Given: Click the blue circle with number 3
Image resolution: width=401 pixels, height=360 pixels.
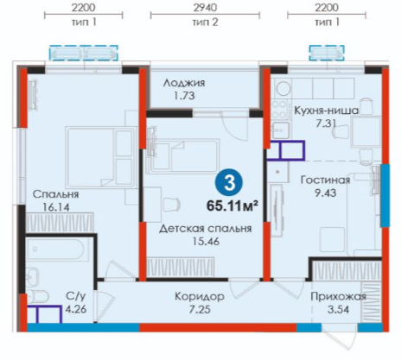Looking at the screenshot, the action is (x=229, y=182).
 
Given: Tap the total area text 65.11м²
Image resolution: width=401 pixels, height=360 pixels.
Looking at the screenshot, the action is (x=232, y=206).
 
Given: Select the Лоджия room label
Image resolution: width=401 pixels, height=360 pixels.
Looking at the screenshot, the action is (x=184, y=83).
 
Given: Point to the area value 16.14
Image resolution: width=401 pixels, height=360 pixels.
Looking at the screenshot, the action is (x=56, y=207).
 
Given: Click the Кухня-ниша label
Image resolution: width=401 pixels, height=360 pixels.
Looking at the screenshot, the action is (x=326, y=111).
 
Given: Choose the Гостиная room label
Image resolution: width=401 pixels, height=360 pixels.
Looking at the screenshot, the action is (x=325, y=180).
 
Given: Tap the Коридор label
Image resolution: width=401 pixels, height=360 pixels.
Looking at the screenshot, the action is (x=200, y=296).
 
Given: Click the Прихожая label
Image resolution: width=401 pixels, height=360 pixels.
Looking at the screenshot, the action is (x=338, y=296).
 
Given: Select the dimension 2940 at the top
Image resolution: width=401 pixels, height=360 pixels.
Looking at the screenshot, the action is (x=205, y=8).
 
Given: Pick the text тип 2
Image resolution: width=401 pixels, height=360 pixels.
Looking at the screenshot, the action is (x=205, y=22).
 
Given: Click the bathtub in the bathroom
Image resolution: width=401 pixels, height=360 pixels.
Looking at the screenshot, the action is (x=57, y=249).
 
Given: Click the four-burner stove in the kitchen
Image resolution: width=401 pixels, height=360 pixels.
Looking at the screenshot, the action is (x=279, y=110).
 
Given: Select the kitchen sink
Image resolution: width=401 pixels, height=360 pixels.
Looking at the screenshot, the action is (x=280, y=129).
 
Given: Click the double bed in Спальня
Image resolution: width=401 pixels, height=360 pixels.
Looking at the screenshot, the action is (x=100, y=157).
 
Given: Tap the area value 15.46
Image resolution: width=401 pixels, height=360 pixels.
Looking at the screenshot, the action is (x=206, y=241).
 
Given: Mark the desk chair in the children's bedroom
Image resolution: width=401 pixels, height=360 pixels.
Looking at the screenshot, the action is (x=171, y=204).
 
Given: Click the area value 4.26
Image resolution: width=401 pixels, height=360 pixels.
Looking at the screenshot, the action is (x=76, y=309).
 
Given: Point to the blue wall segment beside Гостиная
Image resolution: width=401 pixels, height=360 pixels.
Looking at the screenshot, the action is (x=385, y=195).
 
